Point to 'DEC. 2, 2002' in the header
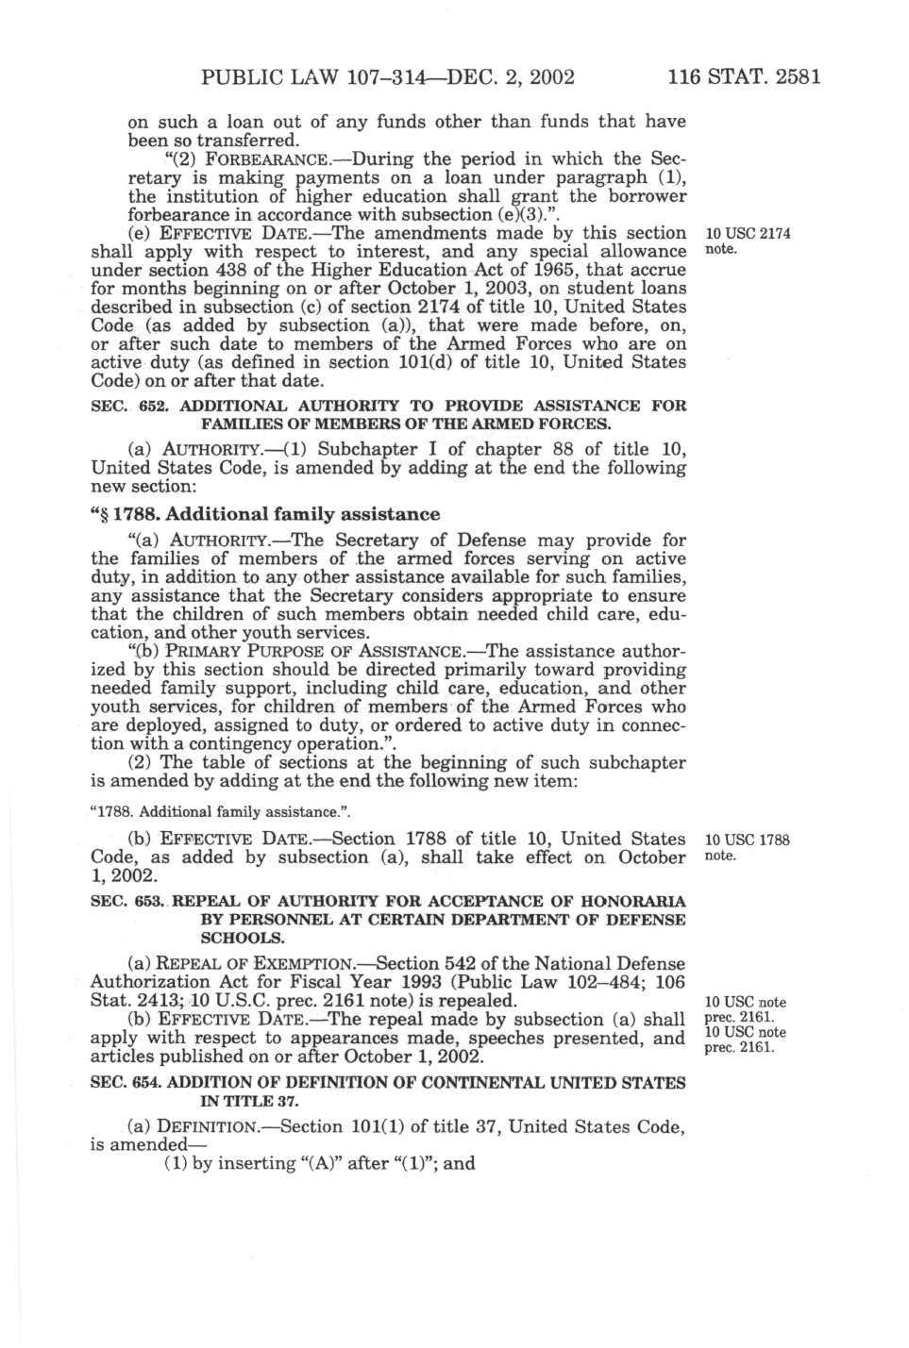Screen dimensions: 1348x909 point(510,75)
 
